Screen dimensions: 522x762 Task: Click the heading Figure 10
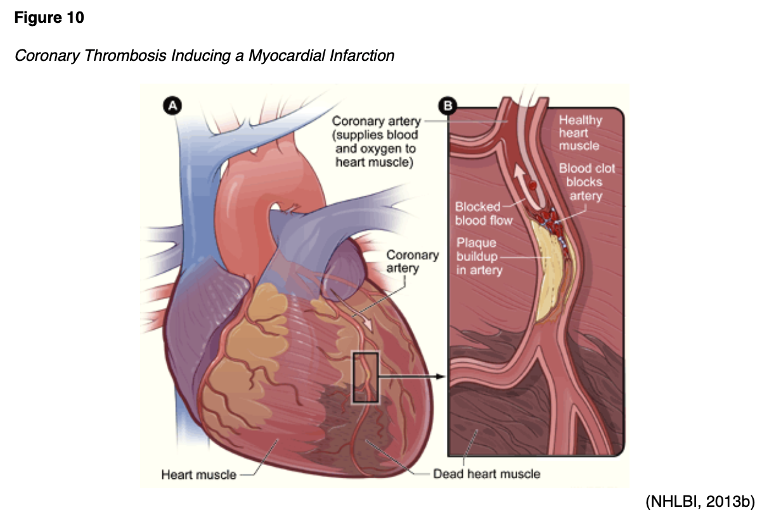pyautogui.click(x=49, y=18)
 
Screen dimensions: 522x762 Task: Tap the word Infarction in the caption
pyautogui.click(x=361, y=56)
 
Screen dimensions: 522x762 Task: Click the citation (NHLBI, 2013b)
pyautogui.click(x=699, y=502)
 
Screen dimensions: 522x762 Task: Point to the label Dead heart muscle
pyautogui.click(x=486, y=473)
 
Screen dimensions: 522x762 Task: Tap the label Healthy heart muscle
pyautogui.click(x=579, y=133)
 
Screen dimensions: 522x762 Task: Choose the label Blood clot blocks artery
pyautogui.click(x=586, y=182)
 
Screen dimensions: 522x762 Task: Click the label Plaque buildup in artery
pyautogui.click(x=479, y=257)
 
